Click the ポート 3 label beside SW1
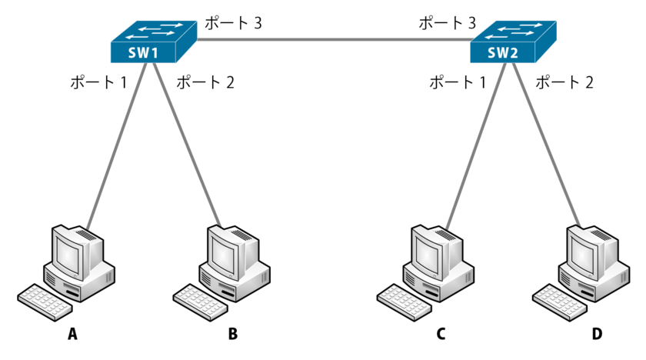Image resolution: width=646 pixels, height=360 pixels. click(x=233, y=23)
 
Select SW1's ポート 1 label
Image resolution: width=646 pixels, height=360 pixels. click(x=98, y=82)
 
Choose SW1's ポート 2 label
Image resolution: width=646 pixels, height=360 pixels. click(x=205, y=82)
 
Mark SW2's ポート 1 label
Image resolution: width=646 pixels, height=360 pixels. click(x=458, y=82)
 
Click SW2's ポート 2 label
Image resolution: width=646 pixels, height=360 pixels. click(x=564, y=82)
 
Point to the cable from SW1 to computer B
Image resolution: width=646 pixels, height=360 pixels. click(x=188, y=146)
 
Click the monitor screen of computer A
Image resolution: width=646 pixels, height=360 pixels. click(x=70, y=253)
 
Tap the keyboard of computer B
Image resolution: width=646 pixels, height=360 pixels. click(x=201, y=299)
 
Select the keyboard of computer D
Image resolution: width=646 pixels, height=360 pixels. click(x=561, y=299)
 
